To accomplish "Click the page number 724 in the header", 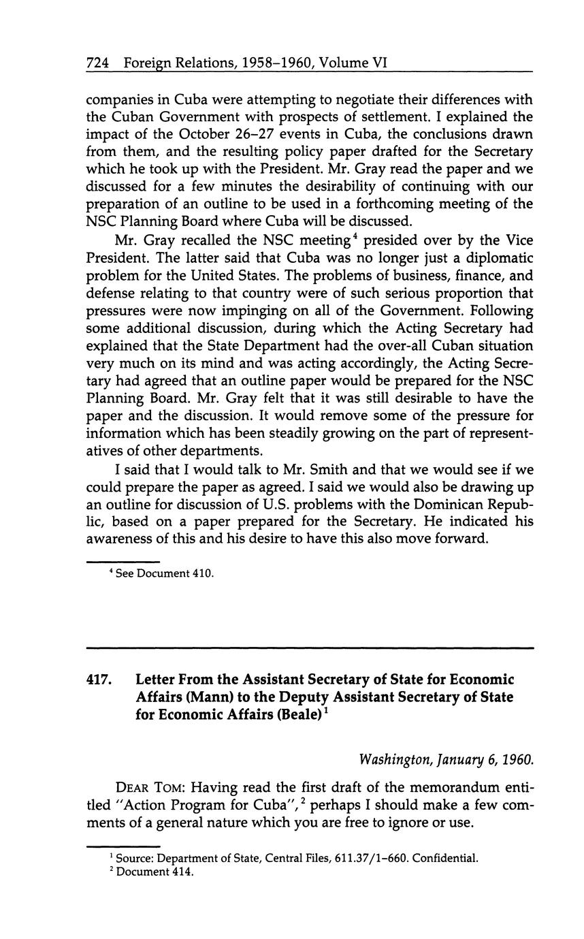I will click(98, 63).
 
